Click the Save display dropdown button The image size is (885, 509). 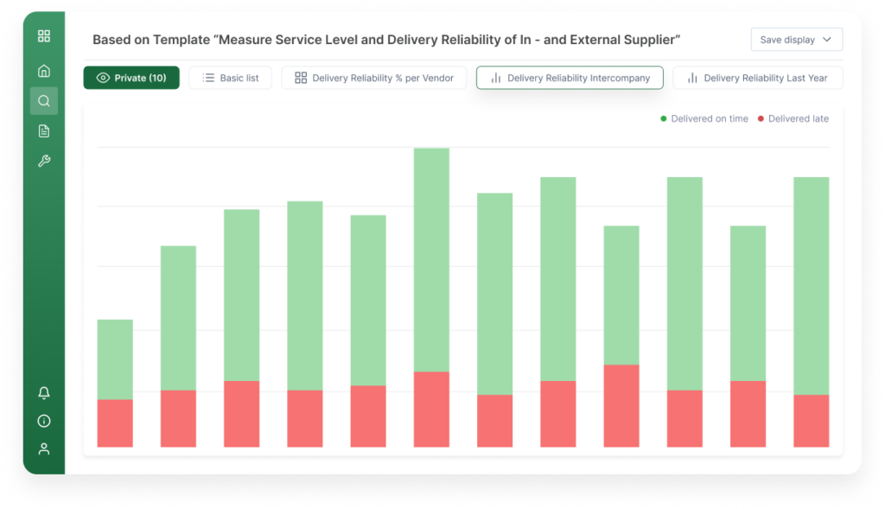796,40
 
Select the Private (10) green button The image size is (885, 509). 131,78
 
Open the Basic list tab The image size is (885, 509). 230,78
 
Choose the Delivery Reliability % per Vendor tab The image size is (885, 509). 373,78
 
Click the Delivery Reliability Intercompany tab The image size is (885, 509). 569,78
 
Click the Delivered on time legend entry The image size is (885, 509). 704,118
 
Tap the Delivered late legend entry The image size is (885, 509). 793,118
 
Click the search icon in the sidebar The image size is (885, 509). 44,101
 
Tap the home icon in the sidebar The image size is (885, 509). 44,71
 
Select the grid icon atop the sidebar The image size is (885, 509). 44,36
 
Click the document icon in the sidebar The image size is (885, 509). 44,131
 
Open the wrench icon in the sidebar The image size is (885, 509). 44,162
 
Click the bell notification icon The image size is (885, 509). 44,393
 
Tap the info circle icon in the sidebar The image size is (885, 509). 44,421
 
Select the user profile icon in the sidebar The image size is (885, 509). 44,449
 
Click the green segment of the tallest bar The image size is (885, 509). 431,259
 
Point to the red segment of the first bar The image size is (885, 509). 115,423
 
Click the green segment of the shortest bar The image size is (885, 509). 115,359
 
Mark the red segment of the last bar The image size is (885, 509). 811,421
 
